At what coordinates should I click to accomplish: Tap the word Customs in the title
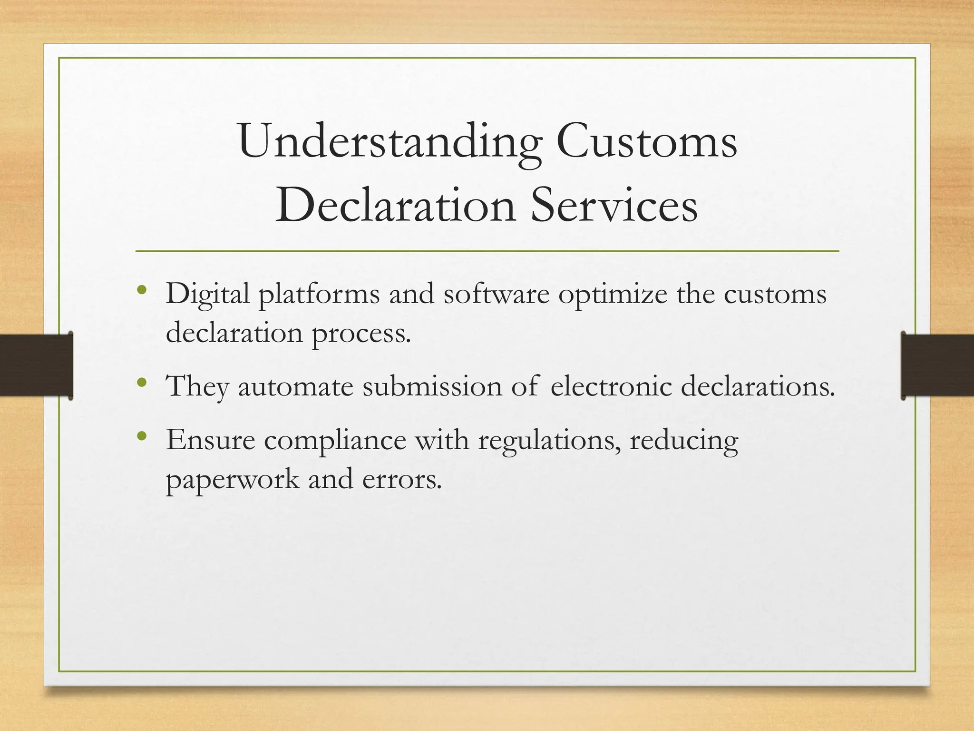click(647, 142)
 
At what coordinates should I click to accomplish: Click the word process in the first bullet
click(361, 334)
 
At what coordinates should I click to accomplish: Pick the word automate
click(295, 386)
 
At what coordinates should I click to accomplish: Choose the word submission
click(432, 386)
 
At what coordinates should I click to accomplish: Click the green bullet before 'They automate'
click(141, 382)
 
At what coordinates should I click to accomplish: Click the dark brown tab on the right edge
click(937, 365)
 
